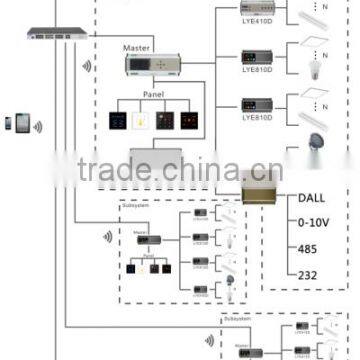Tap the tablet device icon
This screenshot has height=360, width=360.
[19, 124]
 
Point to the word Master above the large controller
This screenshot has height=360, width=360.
[137, 47]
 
